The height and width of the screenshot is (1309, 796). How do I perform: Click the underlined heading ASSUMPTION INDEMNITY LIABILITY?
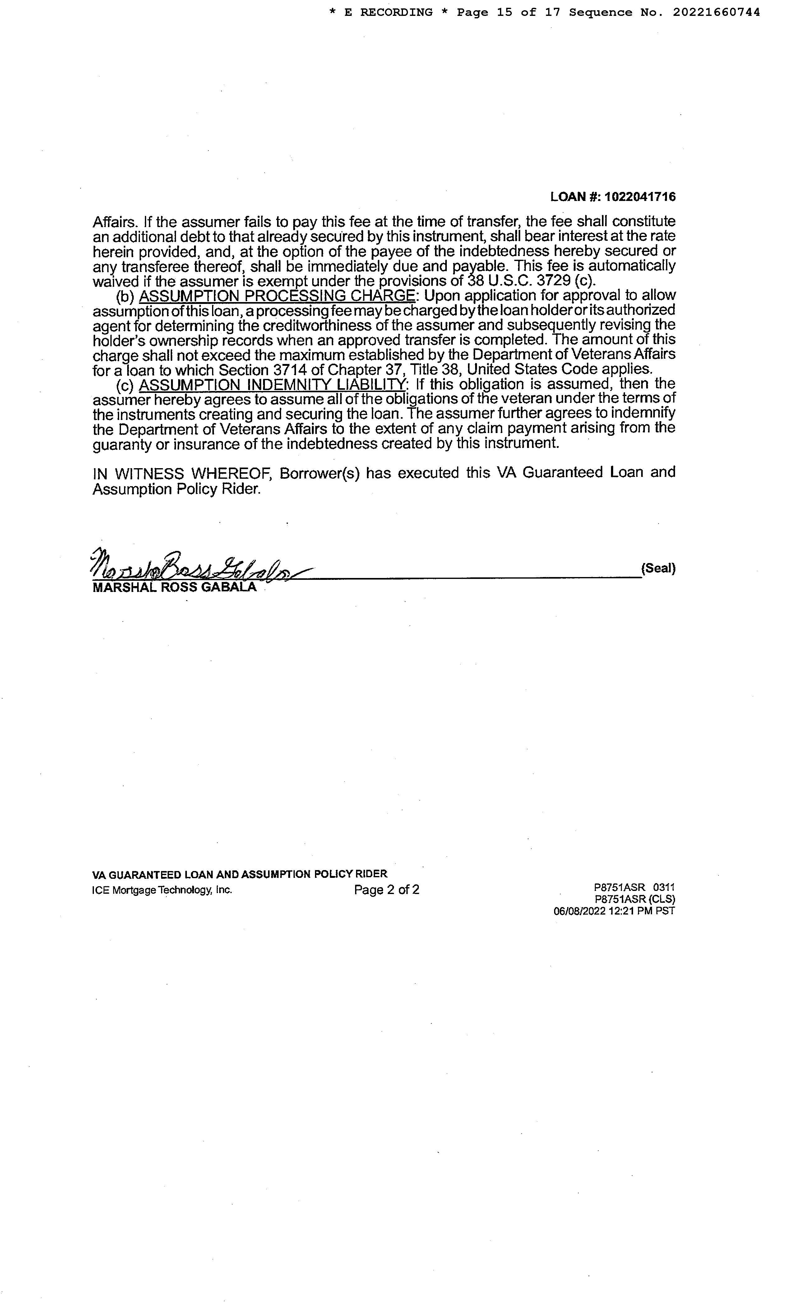pos(272,384)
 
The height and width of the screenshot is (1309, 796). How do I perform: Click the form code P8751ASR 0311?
pos(635,887)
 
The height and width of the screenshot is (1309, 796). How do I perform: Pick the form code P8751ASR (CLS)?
pos(635,899)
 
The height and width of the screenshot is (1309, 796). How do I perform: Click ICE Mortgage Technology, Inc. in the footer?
pos(162,890)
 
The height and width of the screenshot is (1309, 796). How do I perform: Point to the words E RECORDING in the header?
pos(388,12)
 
